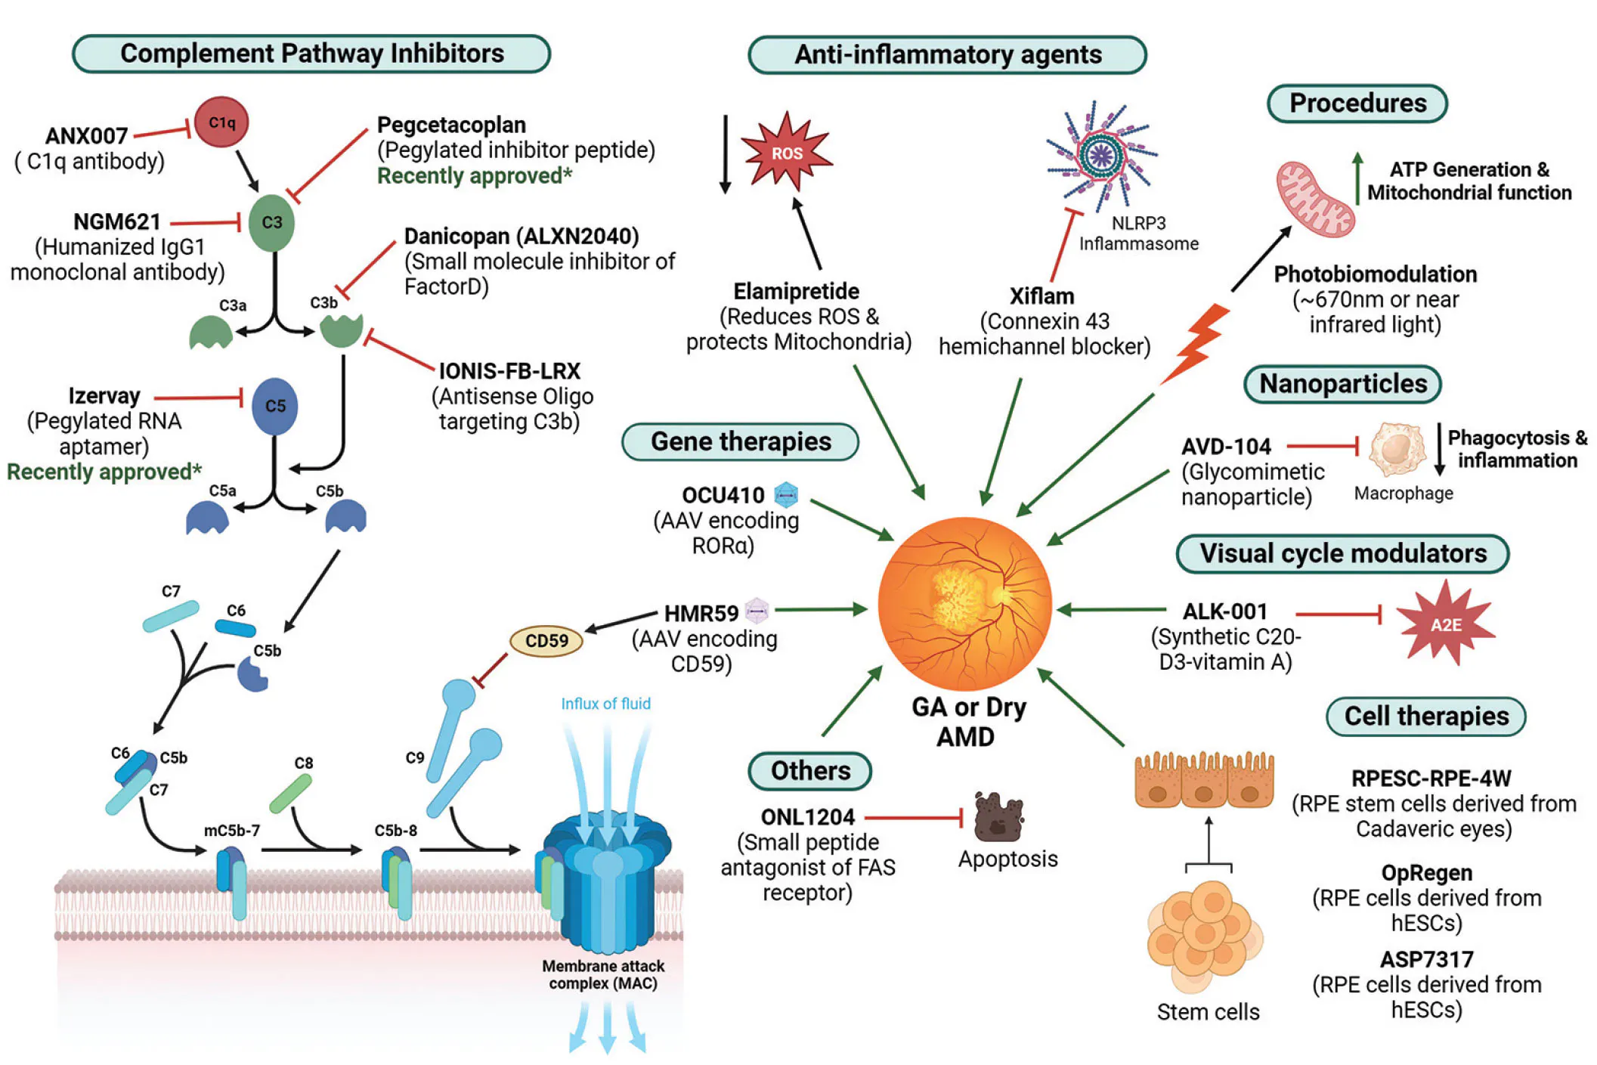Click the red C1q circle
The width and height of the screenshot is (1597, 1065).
click(x=221, y=122)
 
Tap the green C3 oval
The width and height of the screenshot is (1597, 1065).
click(x=271, y=222)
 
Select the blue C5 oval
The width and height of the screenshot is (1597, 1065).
click(x=274, y=406)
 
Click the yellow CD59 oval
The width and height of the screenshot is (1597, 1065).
click(x=546, y=641)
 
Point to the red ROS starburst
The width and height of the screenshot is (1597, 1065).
click(x=786, y=152)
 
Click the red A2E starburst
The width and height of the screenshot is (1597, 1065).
click(x=1445, y=624)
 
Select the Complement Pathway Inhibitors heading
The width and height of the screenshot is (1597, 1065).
click(x=311, y=54)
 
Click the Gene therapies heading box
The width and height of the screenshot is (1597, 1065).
click(x=740, y=441)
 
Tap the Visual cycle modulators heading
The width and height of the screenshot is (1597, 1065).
click(x=1342, y=553)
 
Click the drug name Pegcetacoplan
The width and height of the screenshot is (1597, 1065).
click(x=451, y=125)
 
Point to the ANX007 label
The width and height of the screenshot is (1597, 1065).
click(x=86, y=136)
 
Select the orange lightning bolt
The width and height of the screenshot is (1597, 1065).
click(x=1196, y=341)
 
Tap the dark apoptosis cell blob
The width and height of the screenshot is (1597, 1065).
click(x=998, y=818)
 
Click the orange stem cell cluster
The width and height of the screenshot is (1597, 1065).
click(x=1202, y=936)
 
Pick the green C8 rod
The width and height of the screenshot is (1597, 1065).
click(x=291, y=794)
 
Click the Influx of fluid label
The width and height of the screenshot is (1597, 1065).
click(x=605, y=704)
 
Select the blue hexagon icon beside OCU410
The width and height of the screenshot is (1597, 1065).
click(x=786, y=495)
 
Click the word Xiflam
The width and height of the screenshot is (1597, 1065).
click(x=1041, y=296)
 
